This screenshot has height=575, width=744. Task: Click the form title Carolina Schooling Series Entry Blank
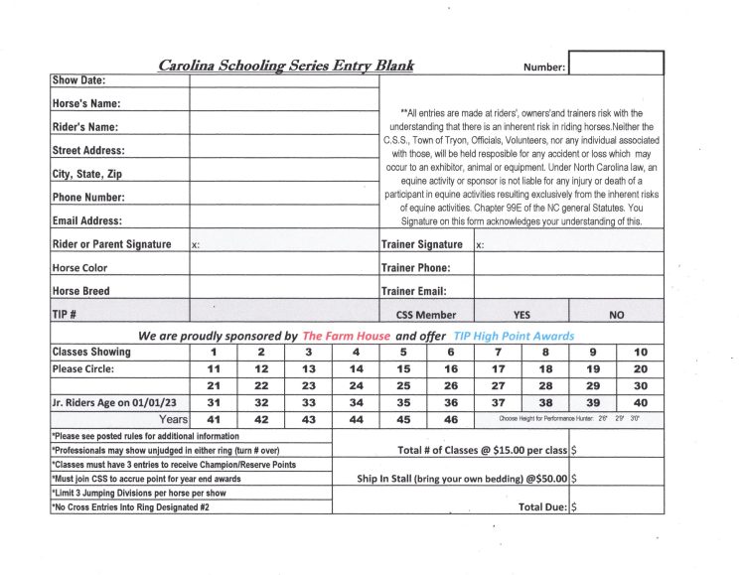[286, 66]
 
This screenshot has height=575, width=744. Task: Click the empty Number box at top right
[616, 65]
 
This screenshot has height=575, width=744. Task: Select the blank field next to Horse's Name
[284, 102]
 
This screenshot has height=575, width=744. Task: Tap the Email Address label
[87, 221]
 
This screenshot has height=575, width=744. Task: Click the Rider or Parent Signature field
[284, 244]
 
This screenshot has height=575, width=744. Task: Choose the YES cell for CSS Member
[521, 315]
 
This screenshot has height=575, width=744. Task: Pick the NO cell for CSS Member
[616, 315]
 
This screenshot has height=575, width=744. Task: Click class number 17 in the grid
[499, 368]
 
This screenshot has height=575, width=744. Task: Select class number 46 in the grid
[451, 420]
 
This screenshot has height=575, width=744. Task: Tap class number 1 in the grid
[213, 352]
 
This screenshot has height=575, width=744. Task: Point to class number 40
[641, 402]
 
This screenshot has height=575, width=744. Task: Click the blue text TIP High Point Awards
[514, 336]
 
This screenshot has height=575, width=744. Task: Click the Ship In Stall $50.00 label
[462, 478]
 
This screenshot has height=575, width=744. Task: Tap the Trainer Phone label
[415, 268]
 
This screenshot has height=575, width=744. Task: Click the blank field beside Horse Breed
[284, 291]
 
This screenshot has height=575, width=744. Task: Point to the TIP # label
[65, 315]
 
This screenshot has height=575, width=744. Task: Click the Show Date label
[78, 80]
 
